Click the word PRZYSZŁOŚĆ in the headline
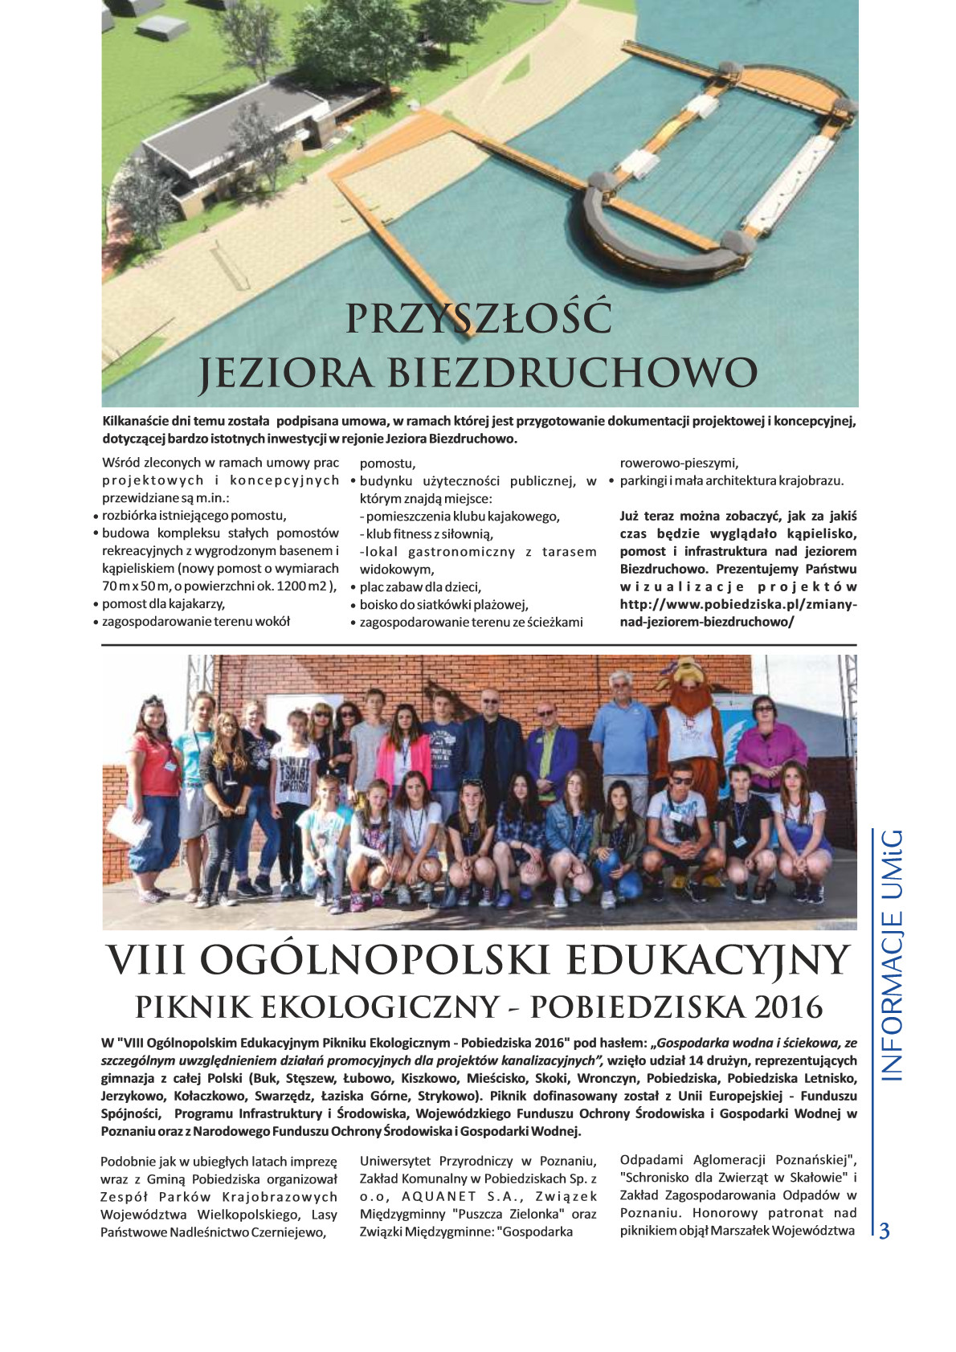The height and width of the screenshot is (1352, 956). [478, 318]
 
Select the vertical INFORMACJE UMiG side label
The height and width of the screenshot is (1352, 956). [892, 955]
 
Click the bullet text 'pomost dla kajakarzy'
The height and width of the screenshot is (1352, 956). [163, 604]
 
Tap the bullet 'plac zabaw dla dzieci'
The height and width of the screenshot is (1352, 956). [420, 587]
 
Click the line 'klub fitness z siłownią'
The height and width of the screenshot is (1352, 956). [430, 534]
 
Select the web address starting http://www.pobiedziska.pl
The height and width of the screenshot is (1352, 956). [737, 604]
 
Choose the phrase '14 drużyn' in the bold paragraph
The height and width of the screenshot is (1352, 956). [723, 1060]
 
